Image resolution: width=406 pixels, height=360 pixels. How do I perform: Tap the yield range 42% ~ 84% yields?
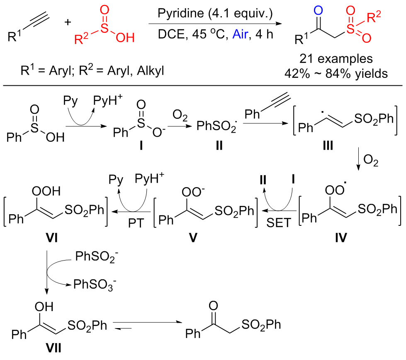point(336,73)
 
